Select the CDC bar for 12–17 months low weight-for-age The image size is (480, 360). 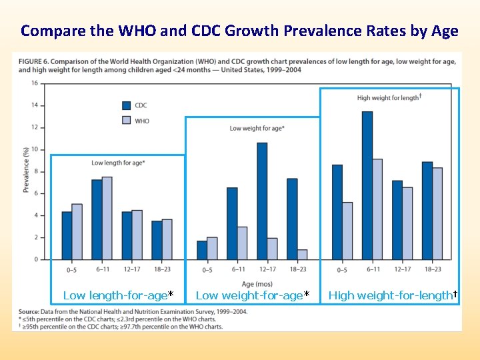[x=262, y=201]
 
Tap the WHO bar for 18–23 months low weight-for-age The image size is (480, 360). [x=302, y=254]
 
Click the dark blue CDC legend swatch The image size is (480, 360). [x=125, y=105]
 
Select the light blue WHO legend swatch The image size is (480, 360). [x=125, y=121]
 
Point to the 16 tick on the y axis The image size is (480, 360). [x=34, y=83]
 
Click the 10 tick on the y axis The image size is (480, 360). [x=34, y=149]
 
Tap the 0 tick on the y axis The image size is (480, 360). [x=35, y=259]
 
